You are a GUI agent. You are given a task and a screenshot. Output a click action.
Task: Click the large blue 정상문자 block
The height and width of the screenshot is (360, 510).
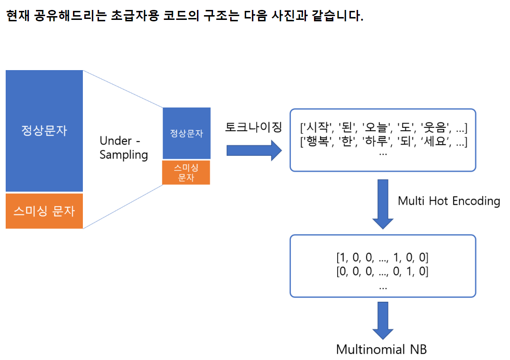44,131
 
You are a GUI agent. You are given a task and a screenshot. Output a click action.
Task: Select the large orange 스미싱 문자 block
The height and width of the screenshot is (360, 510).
44,211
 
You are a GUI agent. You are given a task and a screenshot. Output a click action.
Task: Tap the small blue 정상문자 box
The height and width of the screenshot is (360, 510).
187,133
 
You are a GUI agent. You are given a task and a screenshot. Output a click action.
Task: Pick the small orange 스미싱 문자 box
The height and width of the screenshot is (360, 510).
186,172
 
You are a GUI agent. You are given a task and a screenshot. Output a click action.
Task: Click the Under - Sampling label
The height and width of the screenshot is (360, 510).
124,148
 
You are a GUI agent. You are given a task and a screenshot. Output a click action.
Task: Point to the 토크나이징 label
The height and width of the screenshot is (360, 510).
253,127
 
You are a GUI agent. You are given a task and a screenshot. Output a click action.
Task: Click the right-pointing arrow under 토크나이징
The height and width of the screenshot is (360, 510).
253,151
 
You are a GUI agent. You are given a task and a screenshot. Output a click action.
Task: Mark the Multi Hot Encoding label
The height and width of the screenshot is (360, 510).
449,201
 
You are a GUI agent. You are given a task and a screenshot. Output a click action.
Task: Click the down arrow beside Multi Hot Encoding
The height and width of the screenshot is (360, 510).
383,204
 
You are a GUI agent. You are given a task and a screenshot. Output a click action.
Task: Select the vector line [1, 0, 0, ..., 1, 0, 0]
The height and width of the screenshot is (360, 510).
383,258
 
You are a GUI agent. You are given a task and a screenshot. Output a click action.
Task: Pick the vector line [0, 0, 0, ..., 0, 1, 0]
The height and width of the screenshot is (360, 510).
383,272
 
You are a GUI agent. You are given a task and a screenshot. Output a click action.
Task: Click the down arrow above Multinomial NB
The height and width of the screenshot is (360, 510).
383,318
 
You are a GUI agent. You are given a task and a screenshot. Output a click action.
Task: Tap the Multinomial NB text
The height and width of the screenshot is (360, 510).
381,350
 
